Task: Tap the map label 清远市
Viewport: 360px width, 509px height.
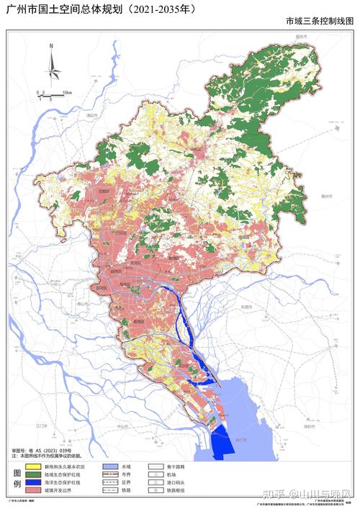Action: pyautogui.click(x=91, y=114)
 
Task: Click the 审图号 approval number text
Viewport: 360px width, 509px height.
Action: pyautogui.click(x=43, y=449)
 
